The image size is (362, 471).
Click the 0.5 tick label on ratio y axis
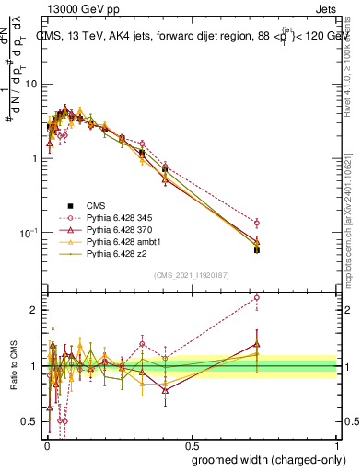point(32,422)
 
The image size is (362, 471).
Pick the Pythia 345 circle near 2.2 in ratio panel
point(257,297)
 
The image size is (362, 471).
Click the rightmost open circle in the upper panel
point(257,223)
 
